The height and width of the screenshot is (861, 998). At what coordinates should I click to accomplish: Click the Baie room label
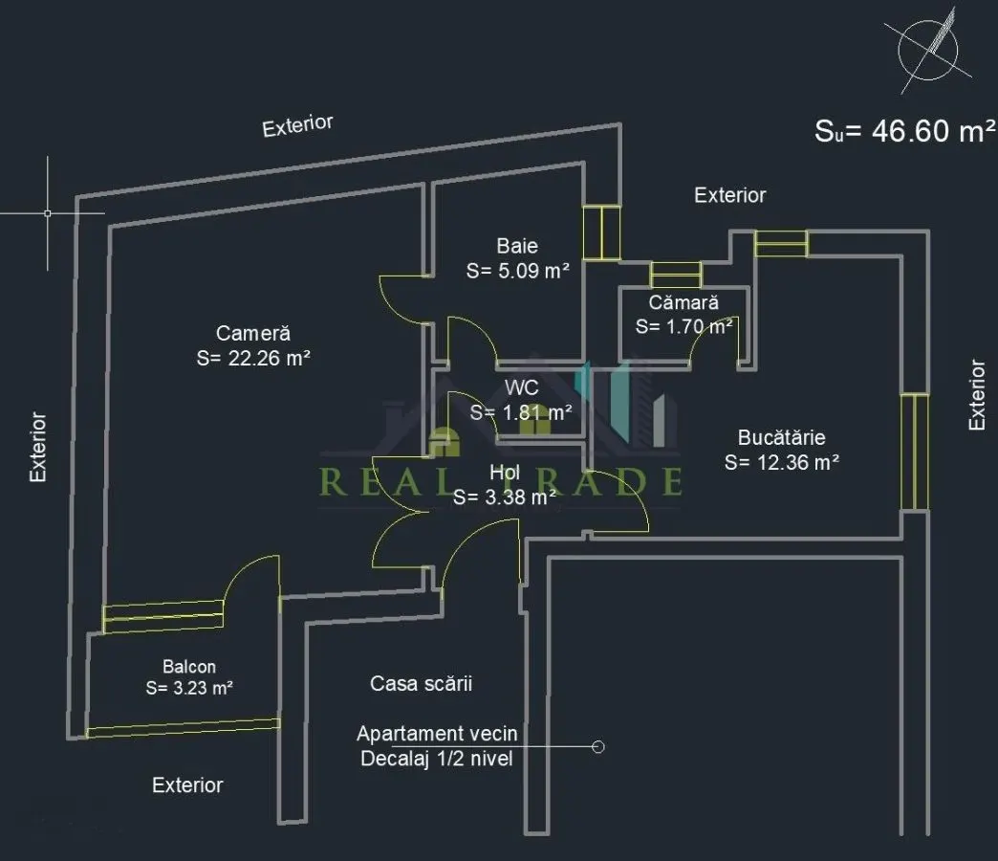(517, 246)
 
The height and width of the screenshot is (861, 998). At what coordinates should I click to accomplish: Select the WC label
(521, 387)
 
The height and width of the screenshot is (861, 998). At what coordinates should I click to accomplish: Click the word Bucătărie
(782, 437)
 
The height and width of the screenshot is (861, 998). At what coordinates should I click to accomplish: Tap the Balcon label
(189, 667)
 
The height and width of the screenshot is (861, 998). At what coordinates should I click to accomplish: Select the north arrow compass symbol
(928, 50)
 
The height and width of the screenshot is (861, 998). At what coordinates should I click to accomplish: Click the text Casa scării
(421, 683)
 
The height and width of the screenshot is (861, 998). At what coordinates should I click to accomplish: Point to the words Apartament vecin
(437, 734)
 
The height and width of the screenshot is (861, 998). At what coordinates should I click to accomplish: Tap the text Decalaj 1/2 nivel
(437, 759)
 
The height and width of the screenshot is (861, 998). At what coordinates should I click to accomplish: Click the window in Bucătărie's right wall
(915, 452)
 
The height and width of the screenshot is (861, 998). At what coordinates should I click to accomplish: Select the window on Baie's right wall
(601, 232)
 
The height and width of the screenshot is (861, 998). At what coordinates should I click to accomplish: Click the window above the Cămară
(676, 275)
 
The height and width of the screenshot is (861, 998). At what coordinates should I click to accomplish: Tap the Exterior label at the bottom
(187, 785)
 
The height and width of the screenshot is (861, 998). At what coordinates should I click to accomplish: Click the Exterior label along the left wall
(38, 447)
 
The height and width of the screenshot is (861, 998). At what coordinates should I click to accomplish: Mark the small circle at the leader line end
(597, 746)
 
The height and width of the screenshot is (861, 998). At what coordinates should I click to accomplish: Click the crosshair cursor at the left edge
(47, 213)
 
